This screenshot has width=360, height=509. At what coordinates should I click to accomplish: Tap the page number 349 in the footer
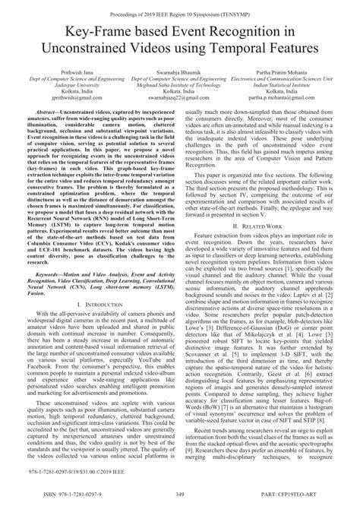(181, 498)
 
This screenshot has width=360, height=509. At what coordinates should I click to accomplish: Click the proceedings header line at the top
(180, 6)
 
